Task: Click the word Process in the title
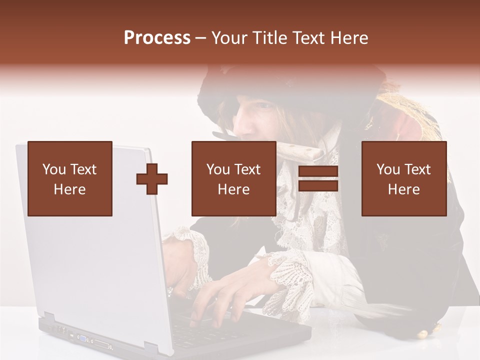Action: pos(157,38)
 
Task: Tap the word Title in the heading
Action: pos(270,38)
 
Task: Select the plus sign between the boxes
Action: pos(152,179)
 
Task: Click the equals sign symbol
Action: pos(318,179)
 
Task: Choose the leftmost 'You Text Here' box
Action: pos(70,178)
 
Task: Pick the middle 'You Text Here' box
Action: pos(233,178)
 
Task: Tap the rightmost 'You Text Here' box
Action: pos(404,178)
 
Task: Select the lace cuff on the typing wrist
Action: pos(290,280)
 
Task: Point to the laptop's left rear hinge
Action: pos(48,318)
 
